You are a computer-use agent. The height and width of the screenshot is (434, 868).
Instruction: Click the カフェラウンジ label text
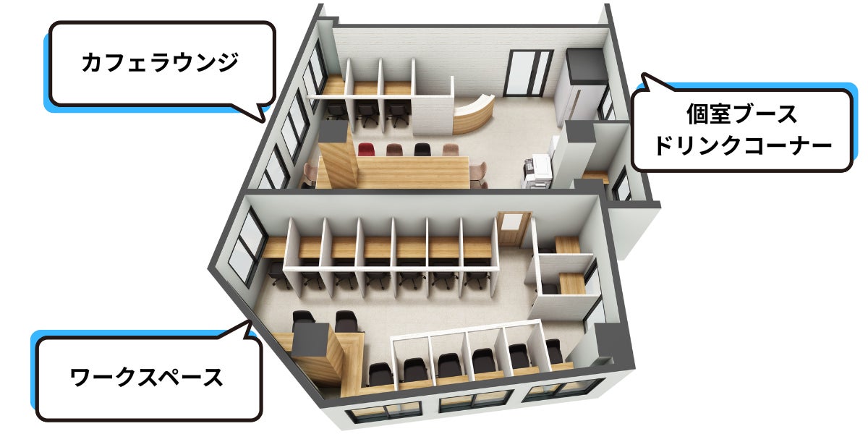click(x=160, y=63)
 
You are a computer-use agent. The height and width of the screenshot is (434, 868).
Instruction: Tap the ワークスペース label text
click(x=147, y=377)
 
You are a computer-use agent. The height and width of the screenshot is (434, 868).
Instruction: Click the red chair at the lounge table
click(x=367, y=150)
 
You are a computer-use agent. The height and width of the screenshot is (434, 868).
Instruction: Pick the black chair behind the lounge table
click(x=421, y=150)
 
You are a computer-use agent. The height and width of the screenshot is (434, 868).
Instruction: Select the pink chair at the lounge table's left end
click(x=311, y=172)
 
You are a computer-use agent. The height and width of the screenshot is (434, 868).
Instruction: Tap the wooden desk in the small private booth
click(x=568, y=280)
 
